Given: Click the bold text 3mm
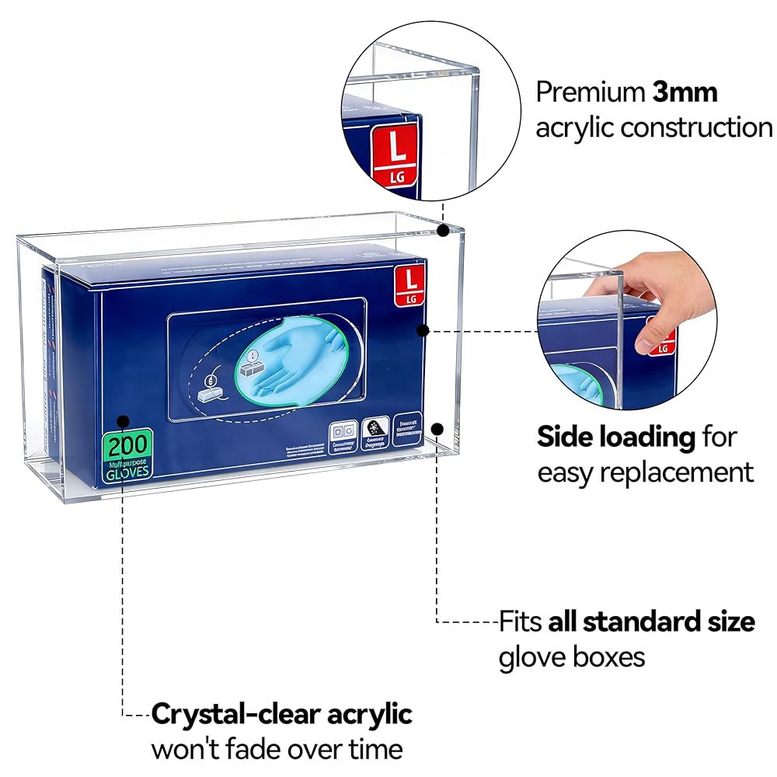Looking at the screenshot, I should click(685, 92).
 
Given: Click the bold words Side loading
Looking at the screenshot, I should click(616, 437).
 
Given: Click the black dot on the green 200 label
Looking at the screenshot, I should click(124, 422).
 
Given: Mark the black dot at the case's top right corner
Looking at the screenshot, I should click(442, 230).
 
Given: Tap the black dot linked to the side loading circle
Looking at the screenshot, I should click(423, 330).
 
